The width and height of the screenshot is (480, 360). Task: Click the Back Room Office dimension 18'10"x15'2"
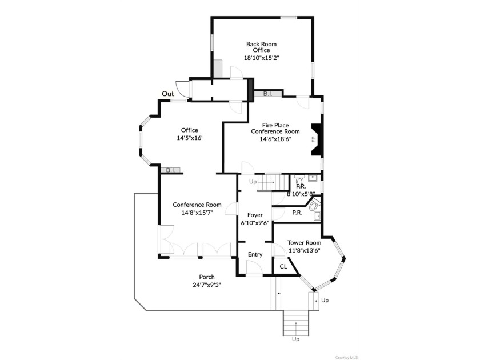coord(262,58)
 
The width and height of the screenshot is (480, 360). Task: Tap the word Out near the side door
coord(168,94)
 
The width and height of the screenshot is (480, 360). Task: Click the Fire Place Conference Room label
coord(275,128)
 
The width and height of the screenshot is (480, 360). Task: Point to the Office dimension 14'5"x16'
coord(190,138)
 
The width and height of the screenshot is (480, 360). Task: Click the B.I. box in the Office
coord(170,170)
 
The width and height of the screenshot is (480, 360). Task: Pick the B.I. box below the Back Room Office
coord(268,93)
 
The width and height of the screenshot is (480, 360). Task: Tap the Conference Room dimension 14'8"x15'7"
coord(197,213)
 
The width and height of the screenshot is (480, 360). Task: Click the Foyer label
coord(255,215)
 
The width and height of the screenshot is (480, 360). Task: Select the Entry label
coord(255,254)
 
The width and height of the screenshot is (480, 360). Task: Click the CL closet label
coord(283,267)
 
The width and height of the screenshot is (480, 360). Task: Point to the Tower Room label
coord(304,242)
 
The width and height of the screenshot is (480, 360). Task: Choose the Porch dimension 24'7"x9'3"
coord(207,285)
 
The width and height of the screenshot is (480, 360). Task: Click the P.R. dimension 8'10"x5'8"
coord(301,194)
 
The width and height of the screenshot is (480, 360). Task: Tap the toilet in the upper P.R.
coord(299,180)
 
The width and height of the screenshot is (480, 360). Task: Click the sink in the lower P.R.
coord(317,216)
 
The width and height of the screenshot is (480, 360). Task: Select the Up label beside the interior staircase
coord(253,182)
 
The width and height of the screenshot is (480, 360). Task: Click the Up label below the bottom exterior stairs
coord(295,339)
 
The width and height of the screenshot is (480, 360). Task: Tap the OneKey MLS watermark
coord(346,357)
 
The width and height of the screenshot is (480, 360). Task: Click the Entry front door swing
coord(254,269)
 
